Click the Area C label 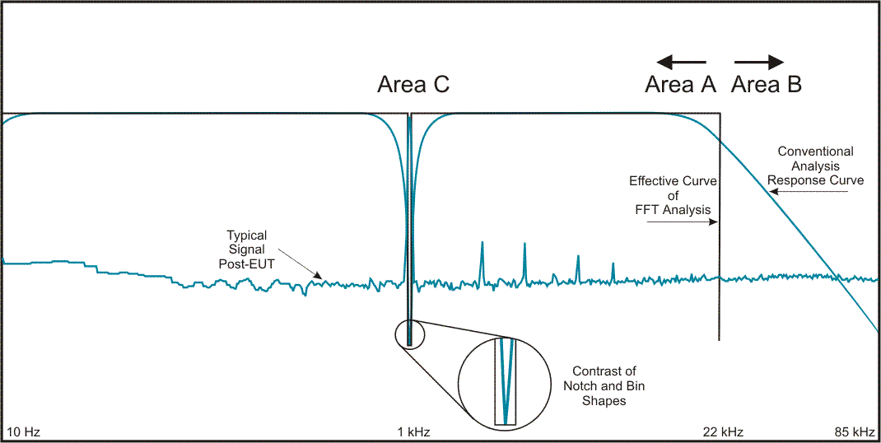tap(413, 84)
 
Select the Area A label tap(680, 84)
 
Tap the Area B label tap(767, 84)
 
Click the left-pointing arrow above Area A tap(681, 61)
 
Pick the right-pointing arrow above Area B tap(758, 61)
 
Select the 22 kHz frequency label tap(723, 431)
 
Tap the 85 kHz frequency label tap(853, 431)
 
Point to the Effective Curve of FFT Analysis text tap(673, 195)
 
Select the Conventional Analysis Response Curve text tap(815, 166)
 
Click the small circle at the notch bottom tap(409, 333)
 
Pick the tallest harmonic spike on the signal tap(482, 257)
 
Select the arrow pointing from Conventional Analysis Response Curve tap(810, 193)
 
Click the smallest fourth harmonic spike tap(613, 272)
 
